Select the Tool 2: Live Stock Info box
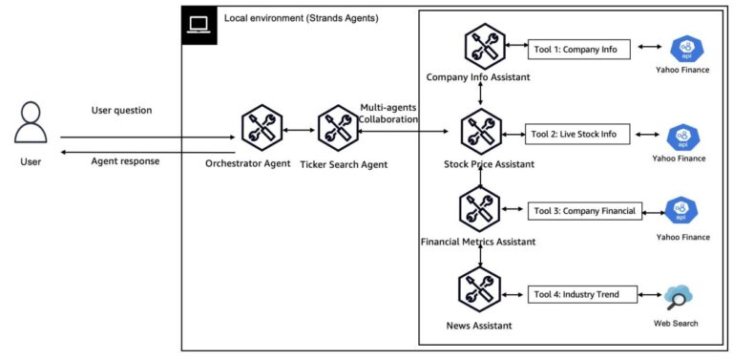pyautogui.click(x=579, y=134)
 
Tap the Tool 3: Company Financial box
pyautogui.click(x=585, y=211)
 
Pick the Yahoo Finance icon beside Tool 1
pyautogui.click(x=684, y=49)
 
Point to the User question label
pyautogui.click(x=121, y=110)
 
